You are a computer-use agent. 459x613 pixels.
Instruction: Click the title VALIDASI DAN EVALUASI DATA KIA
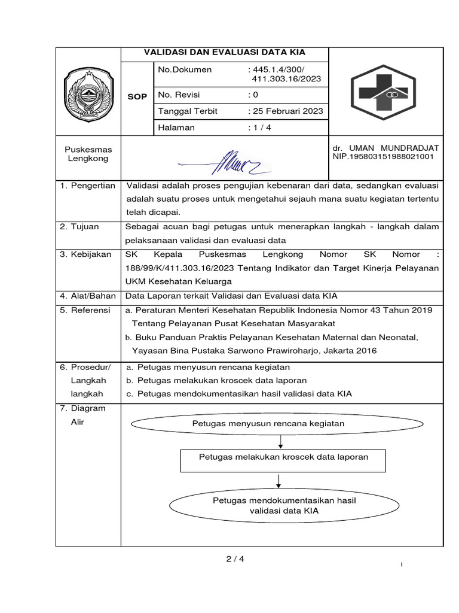[224, 53]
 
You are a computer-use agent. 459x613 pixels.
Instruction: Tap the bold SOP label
[137, 96]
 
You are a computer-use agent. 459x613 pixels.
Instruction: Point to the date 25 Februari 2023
[286, 111]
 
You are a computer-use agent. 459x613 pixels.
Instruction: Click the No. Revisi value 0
[253, 95]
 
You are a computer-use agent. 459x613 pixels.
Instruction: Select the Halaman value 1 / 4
[259, 128]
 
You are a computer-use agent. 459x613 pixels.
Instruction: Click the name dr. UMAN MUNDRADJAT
[385, 148]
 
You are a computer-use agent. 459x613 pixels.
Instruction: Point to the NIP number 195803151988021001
[383, 157]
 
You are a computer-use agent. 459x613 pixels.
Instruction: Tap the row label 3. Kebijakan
[86, 254]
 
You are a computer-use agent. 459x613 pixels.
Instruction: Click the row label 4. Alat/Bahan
[88, 296]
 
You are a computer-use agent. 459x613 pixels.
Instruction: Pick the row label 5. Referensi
[85, 310]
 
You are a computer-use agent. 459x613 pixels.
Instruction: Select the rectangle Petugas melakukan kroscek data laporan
[283, 457]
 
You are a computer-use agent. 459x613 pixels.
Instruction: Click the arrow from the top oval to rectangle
[280, 442]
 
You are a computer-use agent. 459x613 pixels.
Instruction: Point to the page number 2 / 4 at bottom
[235, 559]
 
